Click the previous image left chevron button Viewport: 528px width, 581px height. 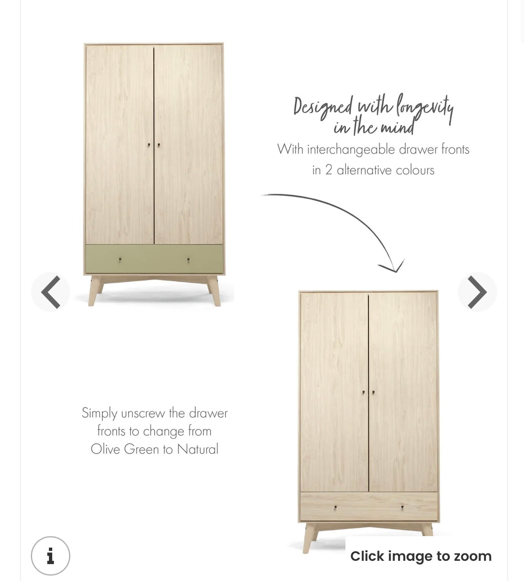51,292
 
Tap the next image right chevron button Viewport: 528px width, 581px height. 477,292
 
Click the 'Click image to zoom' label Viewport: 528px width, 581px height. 421,556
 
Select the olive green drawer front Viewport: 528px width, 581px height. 154,259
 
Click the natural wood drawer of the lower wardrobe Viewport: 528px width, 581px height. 368,507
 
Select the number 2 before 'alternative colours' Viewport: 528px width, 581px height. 329,170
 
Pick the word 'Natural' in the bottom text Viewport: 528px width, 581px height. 197,449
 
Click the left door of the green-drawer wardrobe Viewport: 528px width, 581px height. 119,144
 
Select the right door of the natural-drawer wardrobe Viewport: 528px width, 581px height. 403,391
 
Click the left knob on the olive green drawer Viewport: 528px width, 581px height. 120,259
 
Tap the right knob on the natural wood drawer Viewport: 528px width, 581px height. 402,507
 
